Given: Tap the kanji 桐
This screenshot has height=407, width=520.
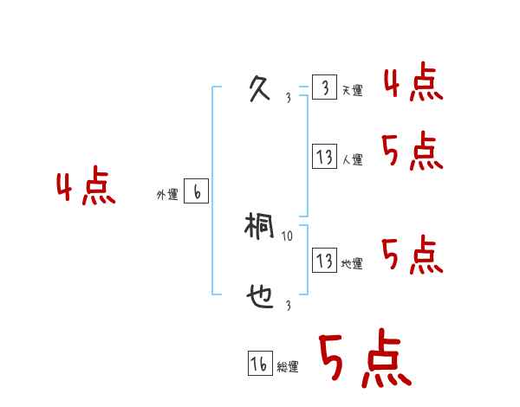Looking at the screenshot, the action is click(260, 228).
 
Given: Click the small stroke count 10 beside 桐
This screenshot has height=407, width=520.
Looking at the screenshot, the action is click(288, 236).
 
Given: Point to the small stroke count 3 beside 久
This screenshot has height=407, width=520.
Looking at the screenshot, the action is click(288, 98).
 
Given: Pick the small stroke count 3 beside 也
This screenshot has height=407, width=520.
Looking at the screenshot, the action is click(288, 306).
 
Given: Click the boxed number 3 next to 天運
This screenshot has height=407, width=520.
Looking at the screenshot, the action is click(324, 87).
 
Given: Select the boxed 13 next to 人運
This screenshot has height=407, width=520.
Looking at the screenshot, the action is click(324, 157).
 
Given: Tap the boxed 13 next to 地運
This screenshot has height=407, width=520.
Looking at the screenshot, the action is click(324, 260).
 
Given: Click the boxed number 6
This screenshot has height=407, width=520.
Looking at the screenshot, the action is click(196, 192).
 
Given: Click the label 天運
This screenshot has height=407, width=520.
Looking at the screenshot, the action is click(352, 91).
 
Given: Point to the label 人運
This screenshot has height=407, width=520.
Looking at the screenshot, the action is click(352, 160).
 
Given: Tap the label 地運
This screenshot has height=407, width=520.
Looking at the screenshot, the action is click(352, 264).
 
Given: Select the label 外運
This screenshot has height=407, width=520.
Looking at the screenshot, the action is click(167, 196).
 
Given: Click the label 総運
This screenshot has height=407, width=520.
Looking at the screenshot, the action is click(288, 367).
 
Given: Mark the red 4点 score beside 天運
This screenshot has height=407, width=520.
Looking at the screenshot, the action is click(413, 84).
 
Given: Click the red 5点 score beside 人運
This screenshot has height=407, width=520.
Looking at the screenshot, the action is click(413, 152).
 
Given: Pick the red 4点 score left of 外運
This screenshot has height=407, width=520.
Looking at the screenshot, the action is click(86, 188).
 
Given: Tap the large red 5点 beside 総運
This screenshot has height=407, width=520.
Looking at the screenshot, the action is click(365, 359).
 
